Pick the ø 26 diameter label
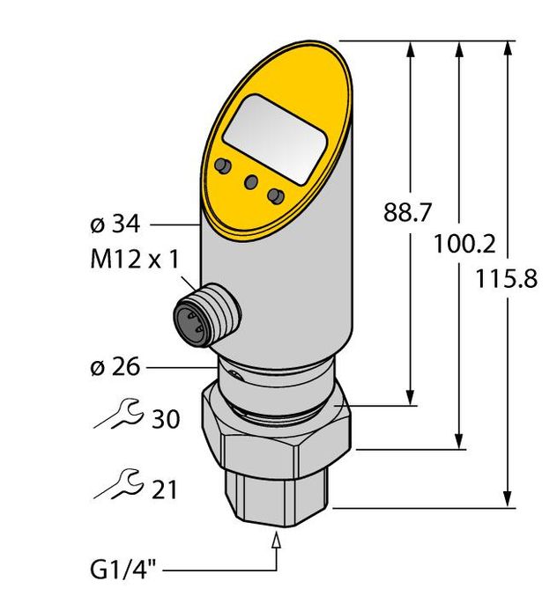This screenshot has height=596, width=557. pos(115,366)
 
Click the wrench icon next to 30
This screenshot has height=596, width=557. pos(114,413)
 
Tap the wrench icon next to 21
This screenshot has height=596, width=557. pos(114,483)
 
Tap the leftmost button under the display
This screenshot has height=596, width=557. pos(223,165)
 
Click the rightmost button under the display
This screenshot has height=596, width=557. pos(277,195)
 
